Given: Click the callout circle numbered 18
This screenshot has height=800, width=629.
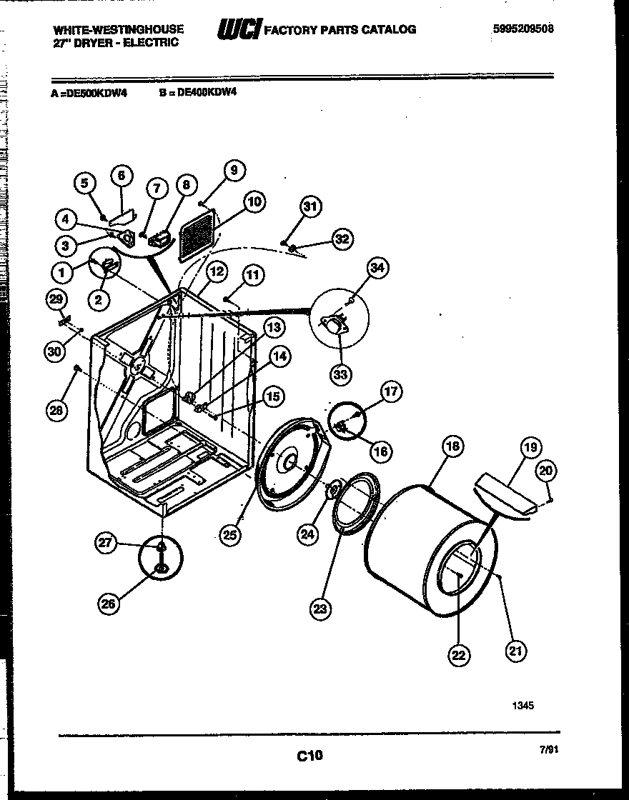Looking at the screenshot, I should tap(452, 446).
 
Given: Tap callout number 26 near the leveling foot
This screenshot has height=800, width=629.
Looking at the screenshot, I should tap(109, 604).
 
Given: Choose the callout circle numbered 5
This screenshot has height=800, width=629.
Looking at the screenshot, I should tap(85, 183).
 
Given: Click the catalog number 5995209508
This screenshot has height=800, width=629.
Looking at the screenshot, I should tap(523, 29).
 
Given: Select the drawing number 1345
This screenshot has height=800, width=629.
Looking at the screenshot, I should tap(522, 706).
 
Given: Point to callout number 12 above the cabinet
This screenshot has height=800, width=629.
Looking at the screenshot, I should tap(217, 271).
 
